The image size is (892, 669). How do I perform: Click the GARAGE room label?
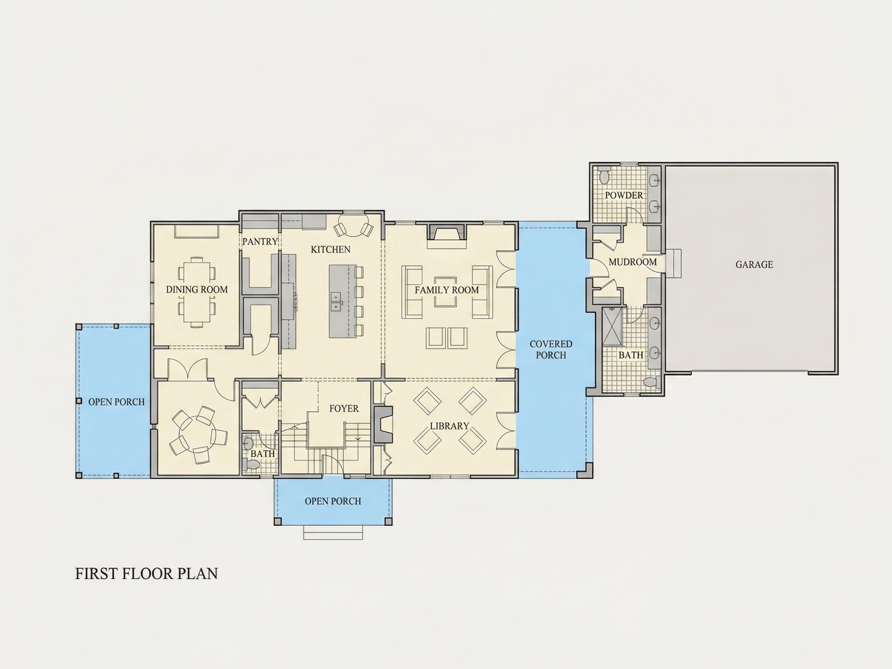(x=754, y=264)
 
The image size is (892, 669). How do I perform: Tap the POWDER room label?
(x=624, y=195)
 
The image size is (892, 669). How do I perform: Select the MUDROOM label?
(x=633, y=262)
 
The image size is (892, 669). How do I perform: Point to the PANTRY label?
(x=260, y=242)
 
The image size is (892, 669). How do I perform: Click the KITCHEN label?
(x=330, y=250)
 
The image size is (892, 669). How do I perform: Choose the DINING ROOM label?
(x=197, y=290)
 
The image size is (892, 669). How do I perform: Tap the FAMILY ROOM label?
(x=447, y=290)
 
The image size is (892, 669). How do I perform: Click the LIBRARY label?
(x=449, y=426)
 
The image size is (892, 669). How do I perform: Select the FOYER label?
(x=344, y=408)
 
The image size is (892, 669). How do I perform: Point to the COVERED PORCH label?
(x=551, y=350)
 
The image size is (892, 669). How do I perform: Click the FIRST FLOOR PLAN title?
(x=146, y=574)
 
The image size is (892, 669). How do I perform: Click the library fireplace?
(x=383, y=425)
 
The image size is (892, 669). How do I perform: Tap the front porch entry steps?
(x=333, y=532)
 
